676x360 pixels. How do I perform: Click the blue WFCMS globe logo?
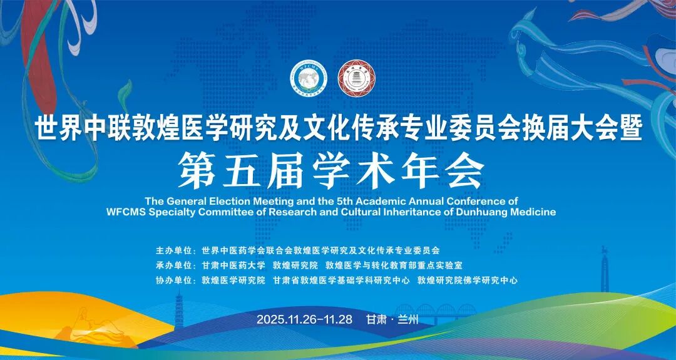coord(309,78)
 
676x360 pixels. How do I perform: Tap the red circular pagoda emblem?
coord(356,78)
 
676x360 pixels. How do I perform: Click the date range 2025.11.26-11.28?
coord(304,319)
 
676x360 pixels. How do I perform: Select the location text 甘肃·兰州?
coord(392,319)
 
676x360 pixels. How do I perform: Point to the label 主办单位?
coord(174,250)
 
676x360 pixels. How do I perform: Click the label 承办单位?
coord(174,265)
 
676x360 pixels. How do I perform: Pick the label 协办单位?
coord(174,280)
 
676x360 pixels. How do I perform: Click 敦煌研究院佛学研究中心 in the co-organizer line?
coord(468,280)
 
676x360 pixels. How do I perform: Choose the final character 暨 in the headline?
coord(628,128)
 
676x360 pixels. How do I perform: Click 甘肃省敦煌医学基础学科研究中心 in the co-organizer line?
coord(341,280)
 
